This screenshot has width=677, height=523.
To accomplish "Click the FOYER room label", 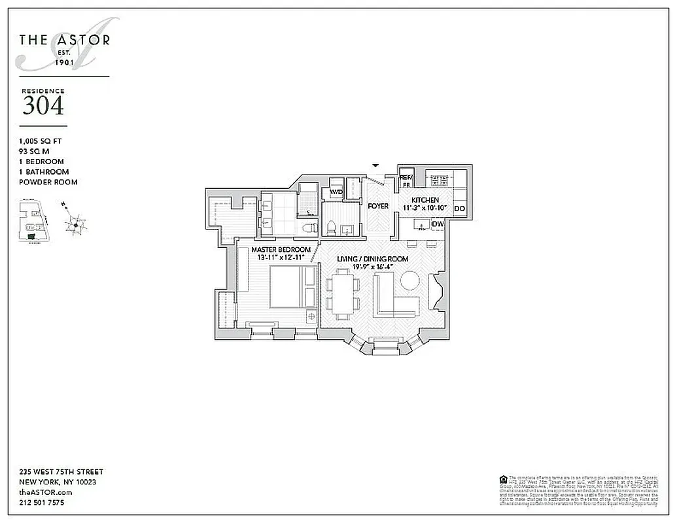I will (x=378, y=206).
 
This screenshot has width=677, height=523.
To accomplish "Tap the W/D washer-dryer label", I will (x=336, y=193).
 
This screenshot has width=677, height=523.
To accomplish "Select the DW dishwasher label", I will (x=438, y=224).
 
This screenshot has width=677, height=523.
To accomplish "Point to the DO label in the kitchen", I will (x=460, y=209).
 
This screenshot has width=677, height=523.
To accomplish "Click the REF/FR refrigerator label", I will (x=406, y=181).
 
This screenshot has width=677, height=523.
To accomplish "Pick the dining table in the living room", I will (x=343, y=295).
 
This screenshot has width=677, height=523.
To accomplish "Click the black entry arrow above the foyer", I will (x=375, y=165).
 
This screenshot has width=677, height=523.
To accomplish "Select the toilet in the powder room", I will (x=331, y=228).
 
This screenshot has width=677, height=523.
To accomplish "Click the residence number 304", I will (x=43, y=105).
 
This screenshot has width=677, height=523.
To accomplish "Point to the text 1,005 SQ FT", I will (x=41, y=141).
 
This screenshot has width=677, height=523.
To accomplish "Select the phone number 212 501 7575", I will (x=42, y=503).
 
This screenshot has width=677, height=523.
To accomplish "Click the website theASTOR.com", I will (x=46, y=492).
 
